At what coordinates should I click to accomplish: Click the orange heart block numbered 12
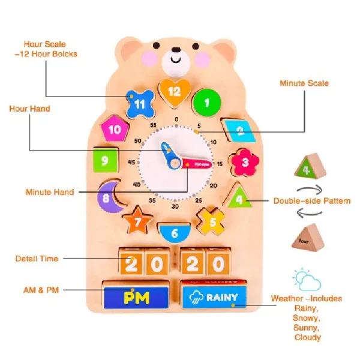(x=174, y=91)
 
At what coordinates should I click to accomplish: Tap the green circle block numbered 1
(x=207, y=102)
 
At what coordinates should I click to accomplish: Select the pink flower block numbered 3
(x=244, y=161)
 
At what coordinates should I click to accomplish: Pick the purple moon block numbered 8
(x=112, y=196)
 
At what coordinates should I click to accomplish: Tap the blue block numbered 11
(x=139, y=103)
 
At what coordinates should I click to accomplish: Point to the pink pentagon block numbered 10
(x=114, y=128)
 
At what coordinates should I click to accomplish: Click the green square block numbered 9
(x=106, y=160)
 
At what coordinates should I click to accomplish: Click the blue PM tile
(x=137, y=297)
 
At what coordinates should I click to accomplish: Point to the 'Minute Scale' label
(x=304, y=83)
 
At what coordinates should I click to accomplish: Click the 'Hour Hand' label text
(x=29, y=109)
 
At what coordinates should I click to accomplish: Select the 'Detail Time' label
(x=37, y=259)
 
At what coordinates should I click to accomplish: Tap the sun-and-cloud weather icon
(x=307, y=280)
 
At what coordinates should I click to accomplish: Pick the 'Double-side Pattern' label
(x=312, y=201)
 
